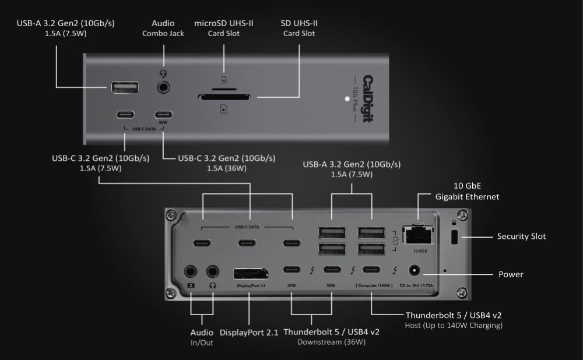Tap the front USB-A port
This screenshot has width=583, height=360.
point(125,89)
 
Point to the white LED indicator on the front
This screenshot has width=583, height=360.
point(347,99)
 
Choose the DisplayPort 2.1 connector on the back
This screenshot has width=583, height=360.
point(251,274)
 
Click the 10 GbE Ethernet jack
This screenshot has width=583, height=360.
point(418,235)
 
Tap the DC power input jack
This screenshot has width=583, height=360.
point(416,270)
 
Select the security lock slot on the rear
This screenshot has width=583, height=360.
point(456,237)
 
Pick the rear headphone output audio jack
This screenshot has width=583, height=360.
point(213,271)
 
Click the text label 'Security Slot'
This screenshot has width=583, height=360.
point(521,237)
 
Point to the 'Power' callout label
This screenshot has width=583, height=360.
point(511,274)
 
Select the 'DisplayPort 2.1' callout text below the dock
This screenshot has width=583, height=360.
point(250,332)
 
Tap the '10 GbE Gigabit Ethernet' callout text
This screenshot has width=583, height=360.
point(467,192)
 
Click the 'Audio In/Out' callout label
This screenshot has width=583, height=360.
point(202,337)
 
